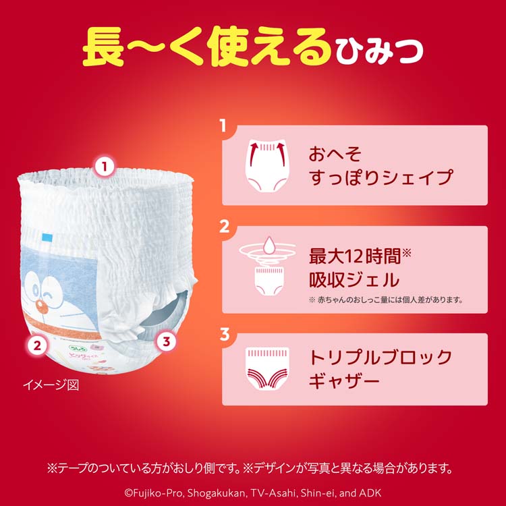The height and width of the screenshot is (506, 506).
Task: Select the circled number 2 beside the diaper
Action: pos(38,346)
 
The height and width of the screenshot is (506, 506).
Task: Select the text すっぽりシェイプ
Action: pos(380,179)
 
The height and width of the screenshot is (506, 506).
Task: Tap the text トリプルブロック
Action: pos(380,356)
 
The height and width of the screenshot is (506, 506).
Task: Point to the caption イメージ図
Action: pos(51,386)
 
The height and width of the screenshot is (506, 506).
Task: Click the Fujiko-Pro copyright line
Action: pos(252,490)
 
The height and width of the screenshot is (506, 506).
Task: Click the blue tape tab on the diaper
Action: pos(47,237)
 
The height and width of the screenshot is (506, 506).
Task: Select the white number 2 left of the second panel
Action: pos(225,226)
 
